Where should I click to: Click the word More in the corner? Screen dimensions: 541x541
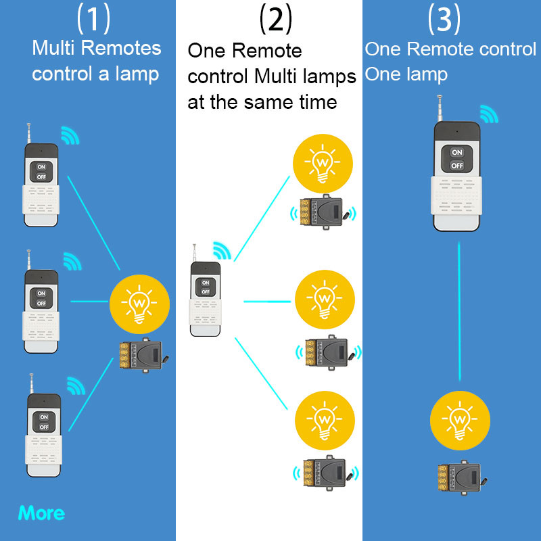tap(41, 513)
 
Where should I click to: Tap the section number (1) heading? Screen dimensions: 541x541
tap(93, 19)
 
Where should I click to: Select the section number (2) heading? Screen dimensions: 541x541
tap(275, 19)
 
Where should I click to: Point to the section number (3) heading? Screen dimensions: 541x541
tap(444, 19)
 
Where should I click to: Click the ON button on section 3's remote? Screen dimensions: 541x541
tap(457, 152)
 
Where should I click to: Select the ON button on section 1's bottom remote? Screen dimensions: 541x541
tap(43, 416)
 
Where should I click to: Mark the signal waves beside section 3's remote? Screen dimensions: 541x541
tap(489, 114)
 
